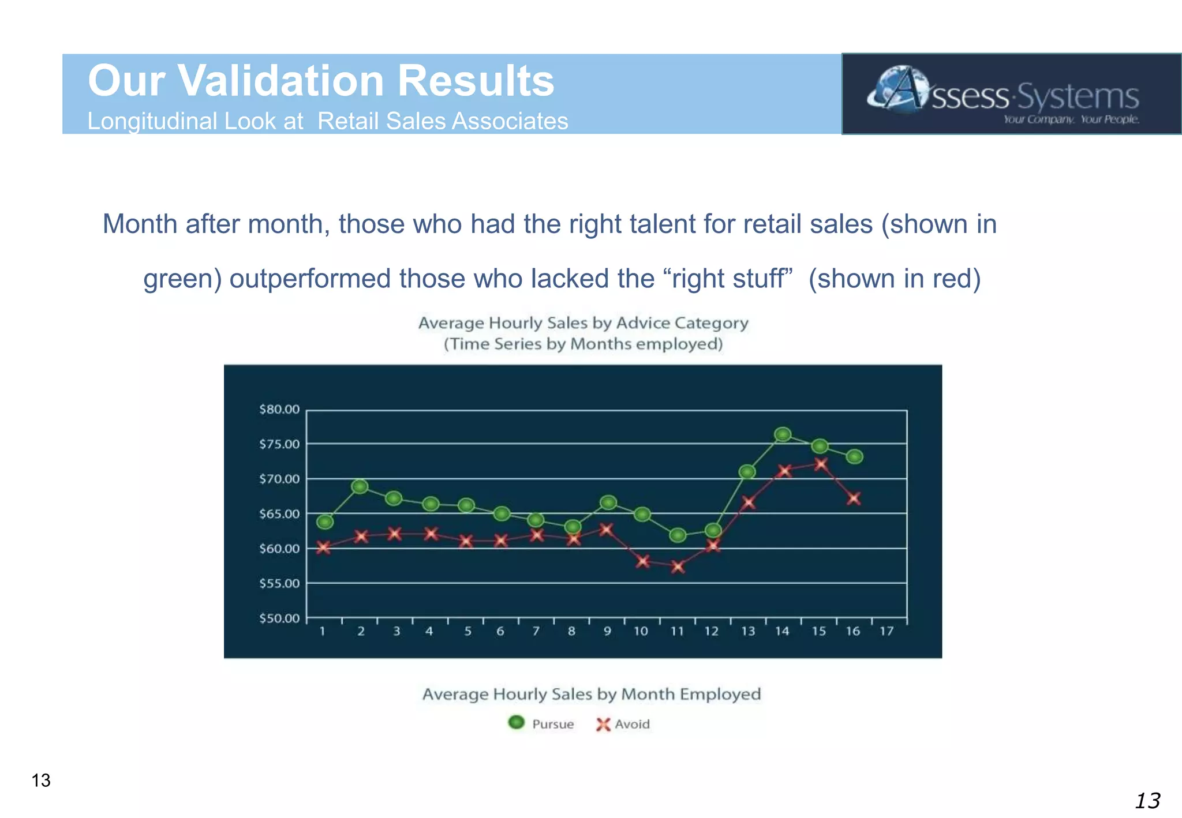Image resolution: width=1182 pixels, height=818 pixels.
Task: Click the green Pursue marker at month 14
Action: [783, 434]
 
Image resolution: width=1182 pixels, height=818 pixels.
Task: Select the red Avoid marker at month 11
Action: [678, 567]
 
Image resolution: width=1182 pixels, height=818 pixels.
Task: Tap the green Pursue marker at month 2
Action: [360, 486]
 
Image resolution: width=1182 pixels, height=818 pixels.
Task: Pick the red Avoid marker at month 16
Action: [854, 498]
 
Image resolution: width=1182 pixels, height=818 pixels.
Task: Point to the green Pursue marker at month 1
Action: [325, 522]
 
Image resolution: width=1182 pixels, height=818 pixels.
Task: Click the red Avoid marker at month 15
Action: [820, 464]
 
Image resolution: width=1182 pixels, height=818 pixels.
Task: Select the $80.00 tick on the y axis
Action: [279, 410]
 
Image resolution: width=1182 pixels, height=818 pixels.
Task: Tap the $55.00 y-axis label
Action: [279, 583]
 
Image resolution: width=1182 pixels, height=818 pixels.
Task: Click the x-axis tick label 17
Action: [886, 632]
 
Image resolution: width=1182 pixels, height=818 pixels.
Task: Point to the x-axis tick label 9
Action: [607, 632]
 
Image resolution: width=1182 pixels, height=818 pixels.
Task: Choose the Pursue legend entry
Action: [541, 724]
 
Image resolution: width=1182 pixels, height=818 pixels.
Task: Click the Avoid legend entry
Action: [623, 724]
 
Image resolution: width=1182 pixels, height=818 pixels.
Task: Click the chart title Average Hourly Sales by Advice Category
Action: [583, 323]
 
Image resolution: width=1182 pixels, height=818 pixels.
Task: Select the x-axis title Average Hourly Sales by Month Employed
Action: [592, 694]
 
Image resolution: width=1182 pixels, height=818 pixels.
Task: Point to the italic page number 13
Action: [1147, 801]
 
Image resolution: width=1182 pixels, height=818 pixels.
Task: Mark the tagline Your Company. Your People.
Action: [1071, 119]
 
